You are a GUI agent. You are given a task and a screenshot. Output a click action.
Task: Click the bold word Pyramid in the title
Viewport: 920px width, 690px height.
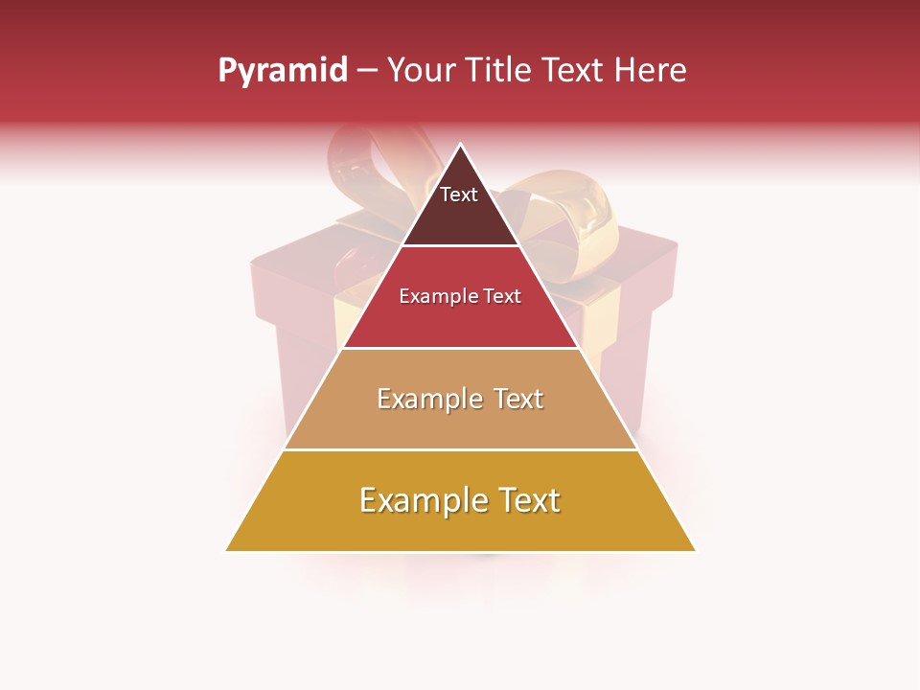283,70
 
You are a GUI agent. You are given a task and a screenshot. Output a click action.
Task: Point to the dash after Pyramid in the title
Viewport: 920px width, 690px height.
367,71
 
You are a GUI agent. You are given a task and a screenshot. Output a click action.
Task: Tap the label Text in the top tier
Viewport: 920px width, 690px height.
459,195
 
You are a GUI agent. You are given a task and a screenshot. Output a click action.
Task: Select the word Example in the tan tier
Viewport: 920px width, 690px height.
429,399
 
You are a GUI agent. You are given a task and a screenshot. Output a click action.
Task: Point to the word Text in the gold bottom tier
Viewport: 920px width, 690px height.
528,500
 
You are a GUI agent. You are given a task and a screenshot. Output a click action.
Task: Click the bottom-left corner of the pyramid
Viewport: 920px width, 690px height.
227,550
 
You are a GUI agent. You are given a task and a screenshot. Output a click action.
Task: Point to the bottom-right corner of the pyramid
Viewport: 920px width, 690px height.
694,550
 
